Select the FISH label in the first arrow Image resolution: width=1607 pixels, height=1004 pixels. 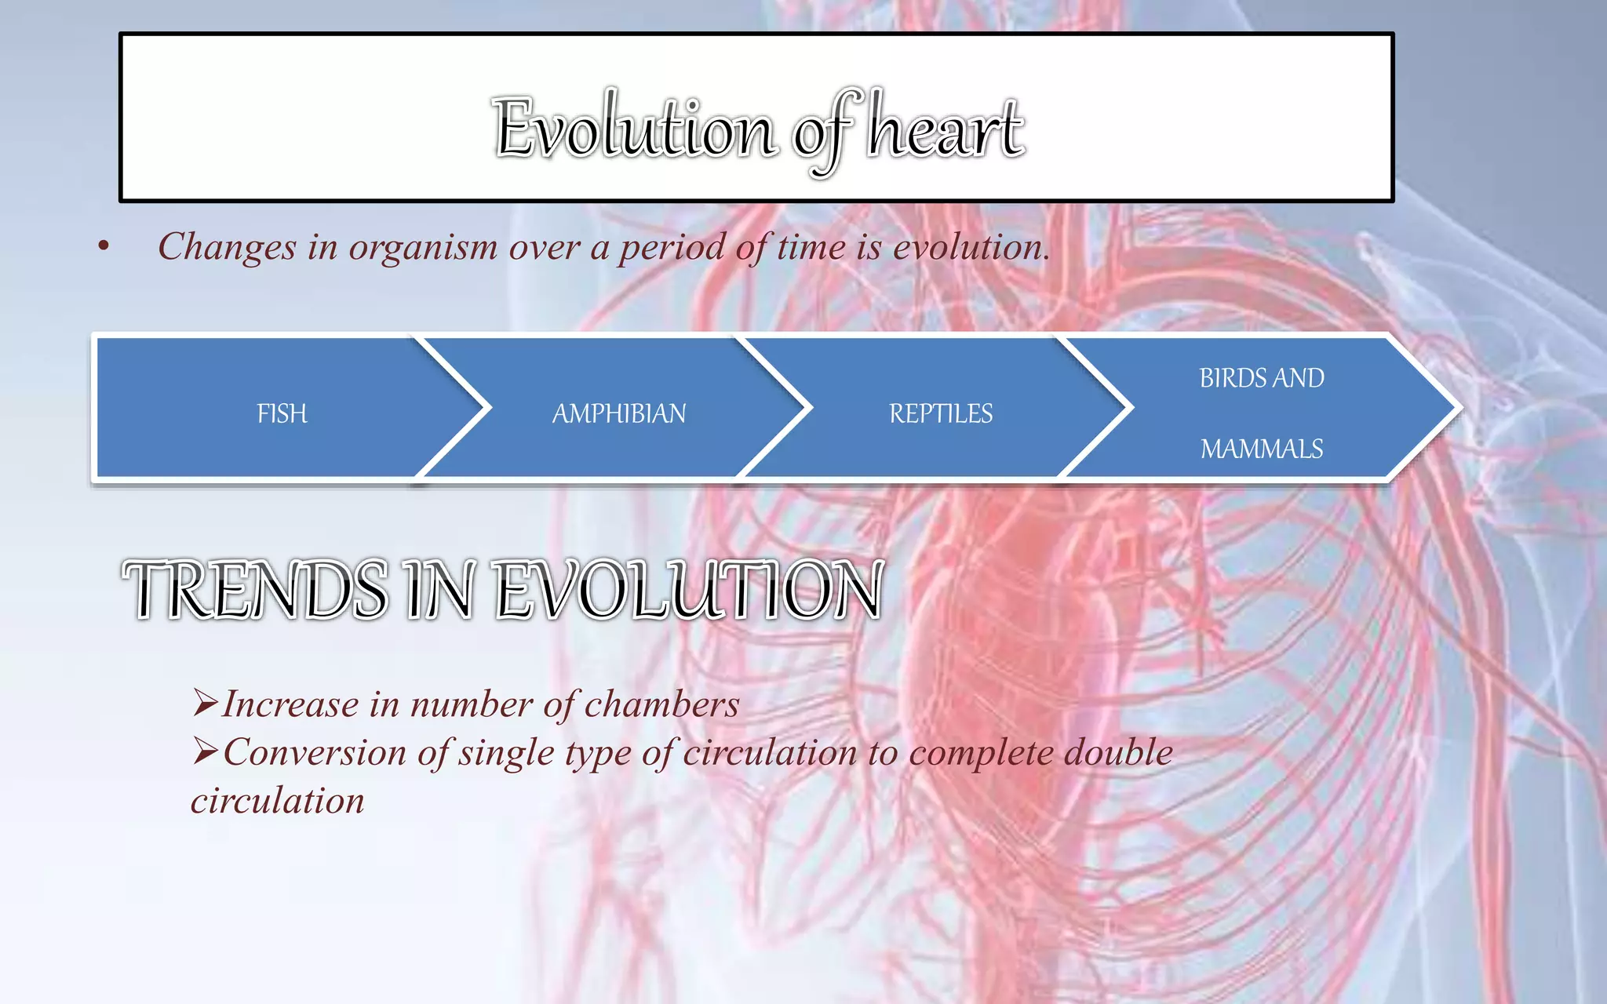pos(282,413)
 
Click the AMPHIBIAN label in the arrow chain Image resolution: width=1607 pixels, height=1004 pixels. pos(619,413)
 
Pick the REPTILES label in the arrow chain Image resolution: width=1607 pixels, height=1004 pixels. pos(941,413)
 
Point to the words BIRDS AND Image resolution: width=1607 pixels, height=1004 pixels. pos(1262,378)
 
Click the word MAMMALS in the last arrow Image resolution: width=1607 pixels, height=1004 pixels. pos(1262,449)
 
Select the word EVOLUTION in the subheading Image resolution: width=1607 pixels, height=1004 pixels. pos(691,590)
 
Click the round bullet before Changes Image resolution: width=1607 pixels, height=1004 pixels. pos(104,248)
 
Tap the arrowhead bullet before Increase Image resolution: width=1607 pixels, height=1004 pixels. pos(205,703)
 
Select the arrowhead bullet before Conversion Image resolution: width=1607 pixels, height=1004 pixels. pos(205,751)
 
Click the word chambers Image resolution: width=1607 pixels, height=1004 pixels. pos(661,704)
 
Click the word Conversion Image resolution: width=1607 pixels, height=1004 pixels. pos(315,753)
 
